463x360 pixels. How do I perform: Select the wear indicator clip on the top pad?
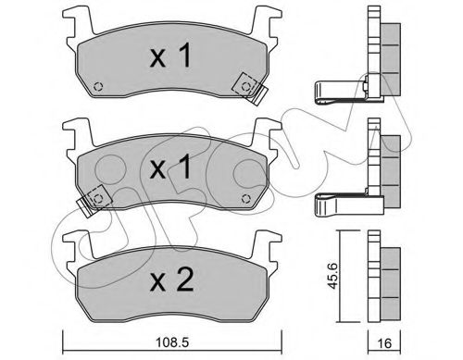coord(249,87)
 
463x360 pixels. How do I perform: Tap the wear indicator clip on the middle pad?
coord(94,197)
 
